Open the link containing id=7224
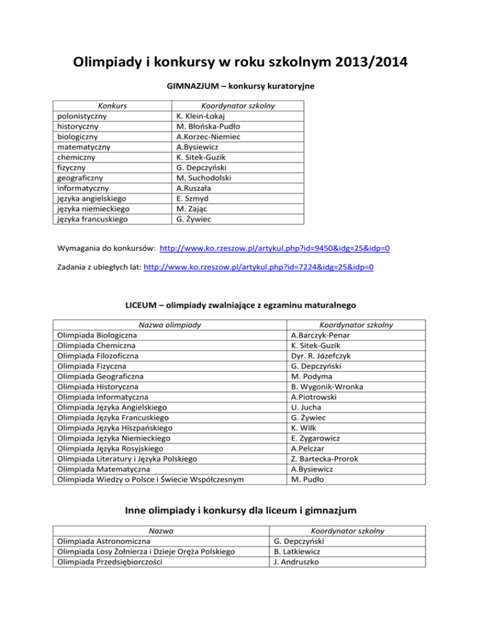pyautogui.click(x=259, y=266)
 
